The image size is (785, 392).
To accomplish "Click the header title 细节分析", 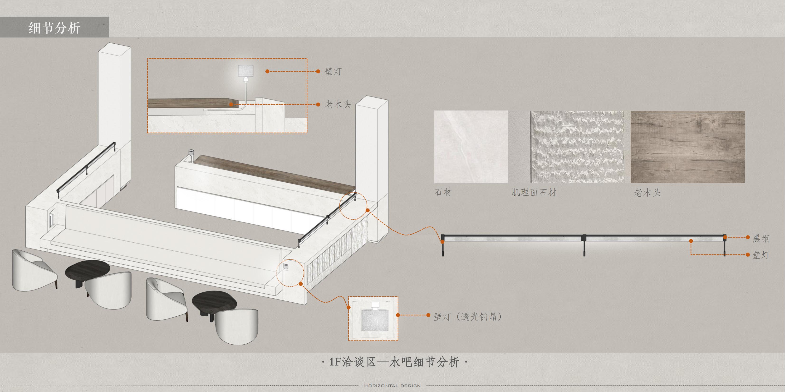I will [x=54, y=28].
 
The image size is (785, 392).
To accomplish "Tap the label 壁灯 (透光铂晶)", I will [x=467, y=317].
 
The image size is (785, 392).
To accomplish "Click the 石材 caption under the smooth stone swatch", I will [x=443, y=192].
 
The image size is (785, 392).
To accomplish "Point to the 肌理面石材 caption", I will [x=534, y=192].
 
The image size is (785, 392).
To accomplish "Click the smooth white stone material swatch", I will [x=471, y=147].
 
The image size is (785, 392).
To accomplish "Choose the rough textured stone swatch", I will [x=577, y=147].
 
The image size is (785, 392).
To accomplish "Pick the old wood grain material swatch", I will [x=687, y=147].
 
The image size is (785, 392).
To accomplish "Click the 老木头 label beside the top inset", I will [x=337, y=105].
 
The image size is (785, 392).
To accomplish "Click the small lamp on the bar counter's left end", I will [x=191, y=155].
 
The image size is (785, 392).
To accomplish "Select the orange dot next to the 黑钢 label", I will [x=747, y=237].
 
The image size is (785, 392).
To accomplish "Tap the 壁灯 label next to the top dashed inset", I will [x=333, y=72].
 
